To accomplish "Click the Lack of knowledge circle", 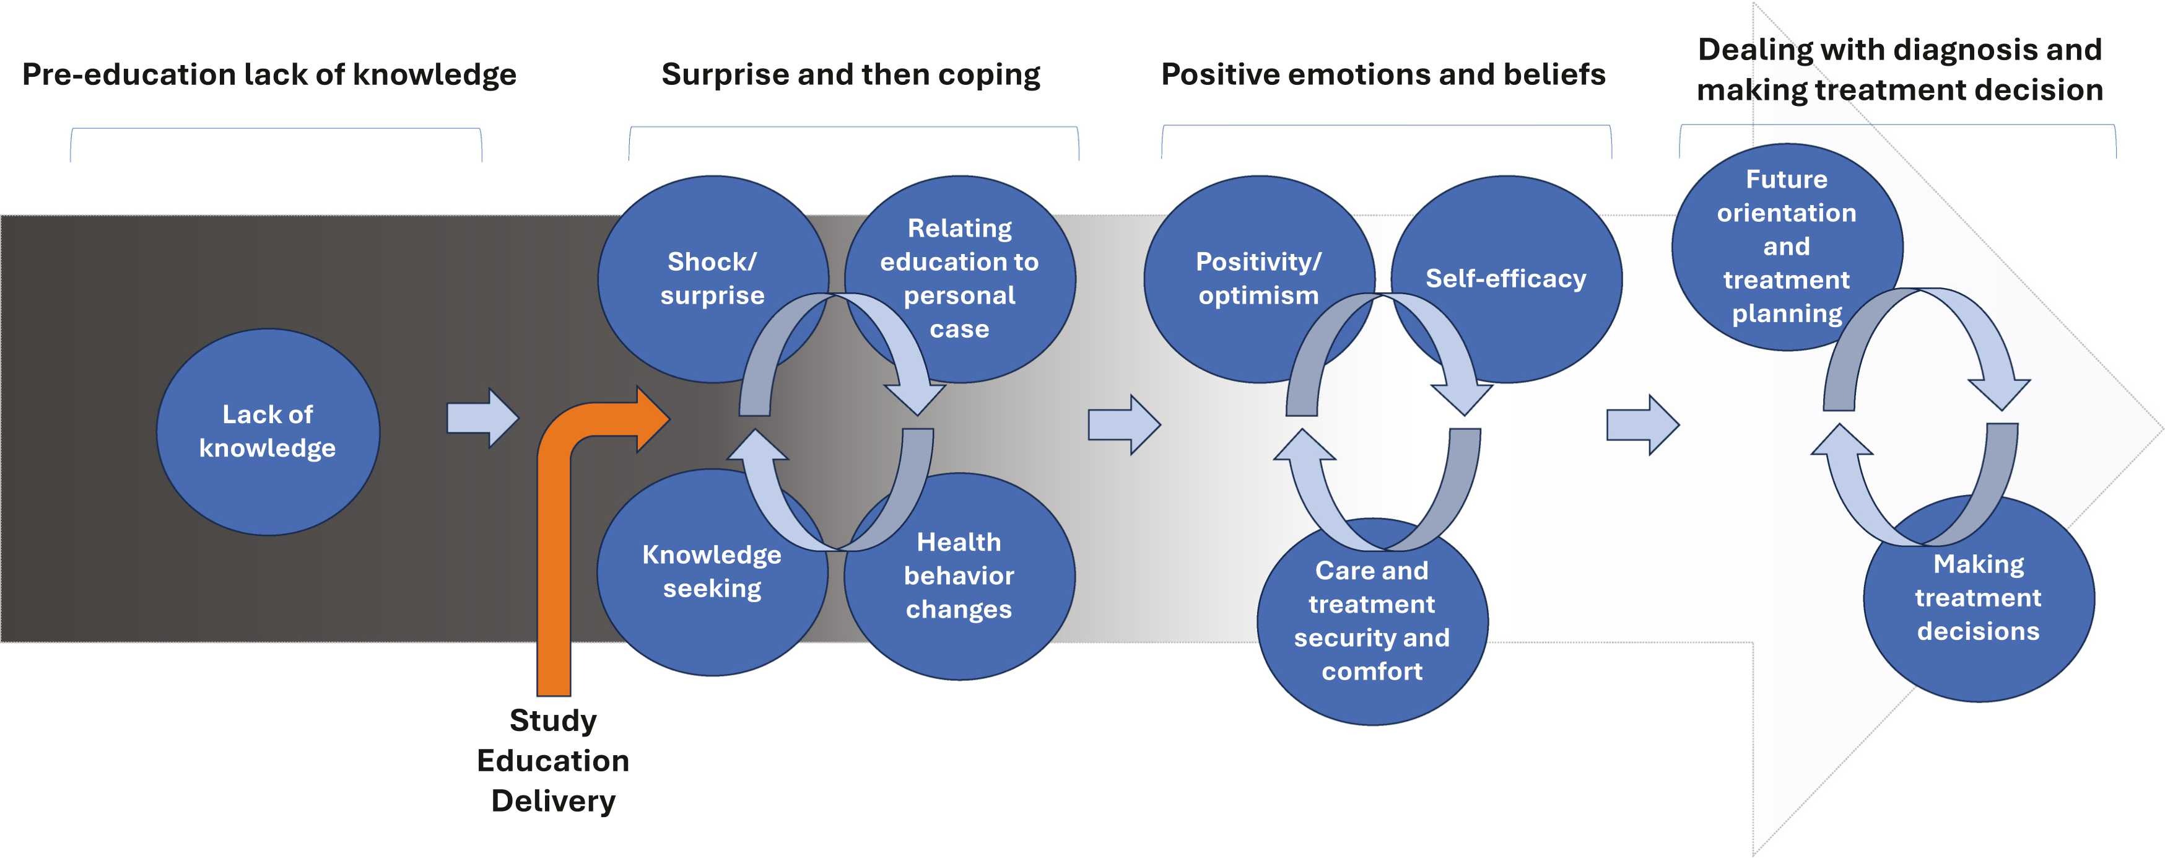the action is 268,432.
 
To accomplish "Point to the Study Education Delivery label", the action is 553,761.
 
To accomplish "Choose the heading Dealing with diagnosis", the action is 1899,70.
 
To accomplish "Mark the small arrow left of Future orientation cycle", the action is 1643,425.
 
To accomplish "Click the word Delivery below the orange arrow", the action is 553,801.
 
